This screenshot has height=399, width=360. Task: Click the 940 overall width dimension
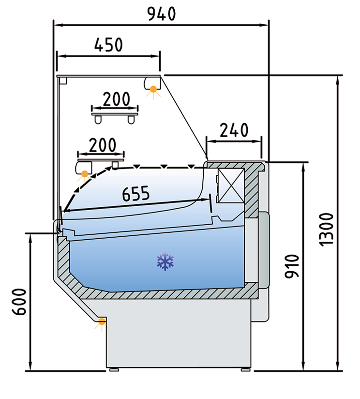[x=162, y=14]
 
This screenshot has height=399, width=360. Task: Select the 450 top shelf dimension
[x=108, y=45]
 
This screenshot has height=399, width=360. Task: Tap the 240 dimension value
[x=234, y=130]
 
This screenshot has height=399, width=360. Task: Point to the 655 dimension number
[x=136, y=193]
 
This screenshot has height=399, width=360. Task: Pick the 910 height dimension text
[x=292, y=266]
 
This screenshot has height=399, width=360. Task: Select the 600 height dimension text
[x=19, y=302]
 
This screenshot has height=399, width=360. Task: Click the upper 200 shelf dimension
[x=117, y=99]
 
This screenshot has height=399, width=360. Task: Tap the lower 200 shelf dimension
[x=103, y=145]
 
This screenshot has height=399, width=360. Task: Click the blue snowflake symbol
[x=165, y=261]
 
